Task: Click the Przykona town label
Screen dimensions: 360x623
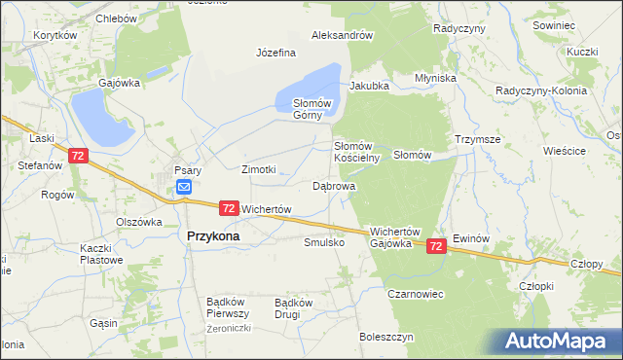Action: coord(213,235)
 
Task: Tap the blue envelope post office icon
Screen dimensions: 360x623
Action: coord(184,189)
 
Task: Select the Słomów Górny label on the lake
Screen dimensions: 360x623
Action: coord(313,109)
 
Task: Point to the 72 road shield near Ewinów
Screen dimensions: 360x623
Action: coord(437,247)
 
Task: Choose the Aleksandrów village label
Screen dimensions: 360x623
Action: coord(343,35)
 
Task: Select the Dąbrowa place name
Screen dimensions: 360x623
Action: coord(334,185)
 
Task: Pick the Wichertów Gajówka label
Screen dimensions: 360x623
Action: coord(393,237)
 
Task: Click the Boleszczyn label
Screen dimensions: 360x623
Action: coord(386,337)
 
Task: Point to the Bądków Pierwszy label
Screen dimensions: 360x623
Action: coord(229,307)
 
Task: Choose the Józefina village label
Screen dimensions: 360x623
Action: coord(275,53)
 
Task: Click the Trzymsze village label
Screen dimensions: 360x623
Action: coord(477,139)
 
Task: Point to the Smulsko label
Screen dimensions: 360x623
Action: coord(324,242)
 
